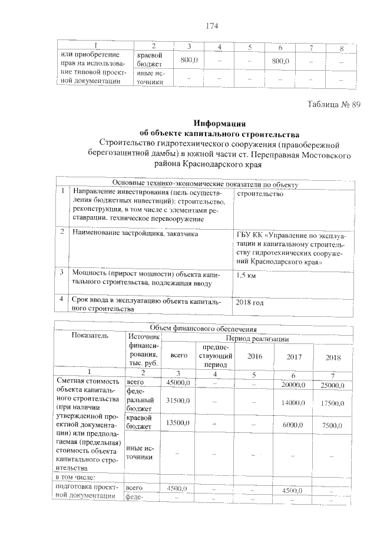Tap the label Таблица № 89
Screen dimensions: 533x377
(x=333, y=104)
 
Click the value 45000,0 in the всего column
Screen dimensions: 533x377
(x=178, y=385)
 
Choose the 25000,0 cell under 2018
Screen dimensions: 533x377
(x=332, y=385)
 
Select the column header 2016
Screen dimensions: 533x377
(x=254, y=357)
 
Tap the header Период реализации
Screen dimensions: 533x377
(x=259, y=340)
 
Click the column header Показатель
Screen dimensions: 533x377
(x=90, y=336)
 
